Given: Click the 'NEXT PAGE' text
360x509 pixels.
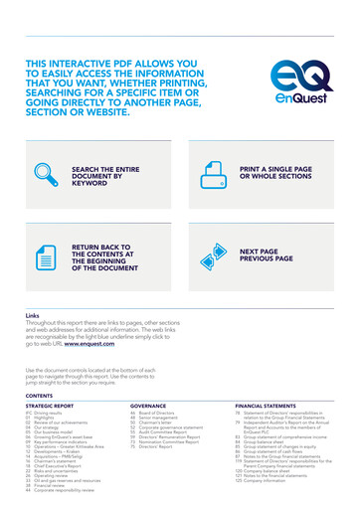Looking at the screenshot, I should (x=261, y=253).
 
